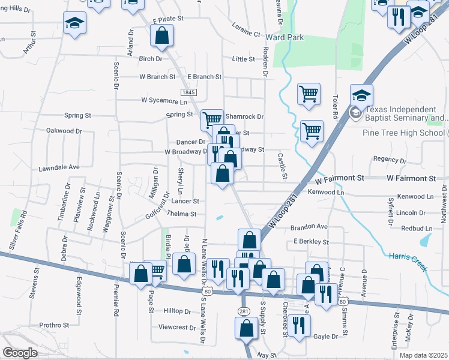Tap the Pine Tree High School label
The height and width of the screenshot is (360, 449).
pos(403,133)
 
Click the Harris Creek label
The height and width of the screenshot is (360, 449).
pos(412,259)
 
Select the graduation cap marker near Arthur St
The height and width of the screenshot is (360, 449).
pos(76,23)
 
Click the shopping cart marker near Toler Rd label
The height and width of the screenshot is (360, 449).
pos(308,94)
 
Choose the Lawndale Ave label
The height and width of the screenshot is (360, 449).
pos(59,167)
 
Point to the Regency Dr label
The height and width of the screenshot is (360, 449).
pos(390,159)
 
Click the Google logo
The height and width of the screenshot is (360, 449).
pos(20,353)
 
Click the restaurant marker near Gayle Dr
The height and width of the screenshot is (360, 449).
pos(298,325)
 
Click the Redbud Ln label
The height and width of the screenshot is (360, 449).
pos(416,229)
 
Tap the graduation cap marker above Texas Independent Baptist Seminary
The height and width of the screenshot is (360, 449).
pos(362,95)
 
